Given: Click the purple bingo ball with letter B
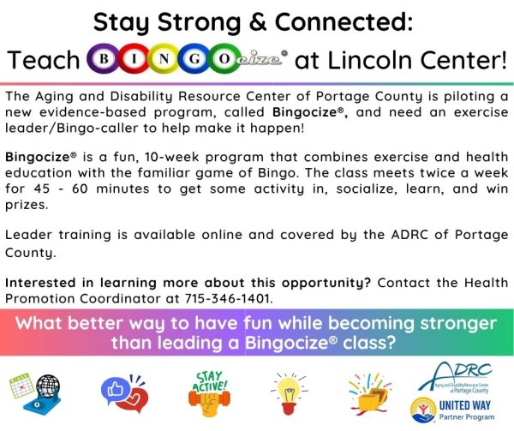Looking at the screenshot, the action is coord(104,59).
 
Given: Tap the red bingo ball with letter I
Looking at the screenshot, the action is coord(134,59).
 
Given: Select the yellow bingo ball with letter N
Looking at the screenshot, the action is coord(164,59).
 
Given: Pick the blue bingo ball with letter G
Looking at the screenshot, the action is coord(194,59).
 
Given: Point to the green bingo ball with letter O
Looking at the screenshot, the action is coord(224,59).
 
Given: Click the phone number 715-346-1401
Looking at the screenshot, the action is coord(229,298).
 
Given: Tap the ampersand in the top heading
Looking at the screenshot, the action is coord(258,22).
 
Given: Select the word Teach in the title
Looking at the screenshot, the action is coord(44,60).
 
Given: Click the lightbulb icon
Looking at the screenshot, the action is coord(290,393).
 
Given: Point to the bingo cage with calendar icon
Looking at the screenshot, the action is coord(35,392).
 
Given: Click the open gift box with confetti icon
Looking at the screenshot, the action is coord(370,392).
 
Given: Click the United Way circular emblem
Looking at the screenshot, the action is coord(423,410).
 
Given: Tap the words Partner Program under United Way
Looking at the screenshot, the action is coord(467,417).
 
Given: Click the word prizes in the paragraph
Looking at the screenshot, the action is coord(27,206).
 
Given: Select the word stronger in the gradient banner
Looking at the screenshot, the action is coord(458,324).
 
